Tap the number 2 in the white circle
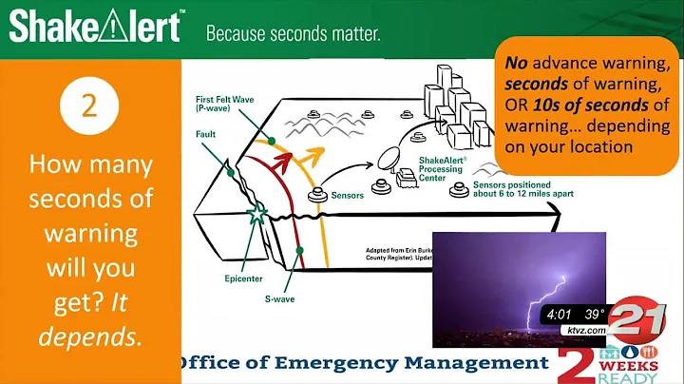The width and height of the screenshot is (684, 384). tap(89, 106)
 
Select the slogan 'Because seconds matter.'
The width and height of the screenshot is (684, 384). tap(293, 34)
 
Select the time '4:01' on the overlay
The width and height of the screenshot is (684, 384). tap(559, 314)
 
